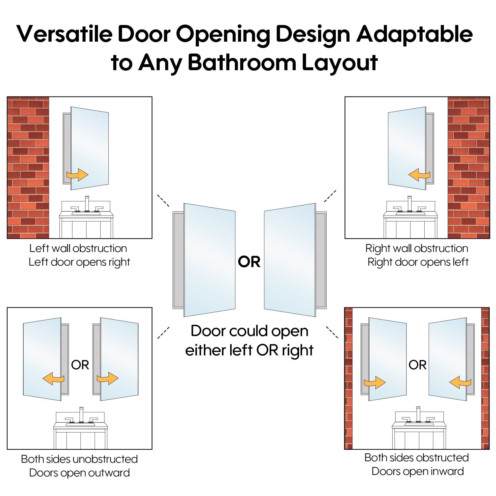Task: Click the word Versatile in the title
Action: tap(64, 34)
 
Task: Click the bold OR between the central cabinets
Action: tap(249, 262)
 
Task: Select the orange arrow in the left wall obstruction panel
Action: tap(77, 175)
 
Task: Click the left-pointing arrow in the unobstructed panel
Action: tap(53, 379)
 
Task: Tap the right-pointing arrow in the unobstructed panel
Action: tap(108, 378)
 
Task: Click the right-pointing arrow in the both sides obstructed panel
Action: tap(374, 383)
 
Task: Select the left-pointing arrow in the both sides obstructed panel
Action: tap(460, 383)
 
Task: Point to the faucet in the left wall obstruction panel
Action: tap(87, 204)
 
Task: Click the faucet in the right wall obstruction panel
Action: tap(409, 204)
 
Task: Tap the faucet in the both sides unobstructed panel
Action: tap(81, 414)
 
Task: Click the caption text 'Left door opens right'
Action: tap(79, 262)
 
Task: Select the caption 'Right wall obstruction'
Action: tap(417, 248)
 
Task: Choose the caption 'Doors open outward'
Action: tap(79, 473)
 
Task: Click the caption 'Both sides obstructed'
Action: tap(416, 458)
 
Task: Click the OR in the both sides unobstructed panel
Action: tap(80, 365)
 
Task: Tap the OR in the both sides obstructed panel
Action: tap(417, 365)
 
